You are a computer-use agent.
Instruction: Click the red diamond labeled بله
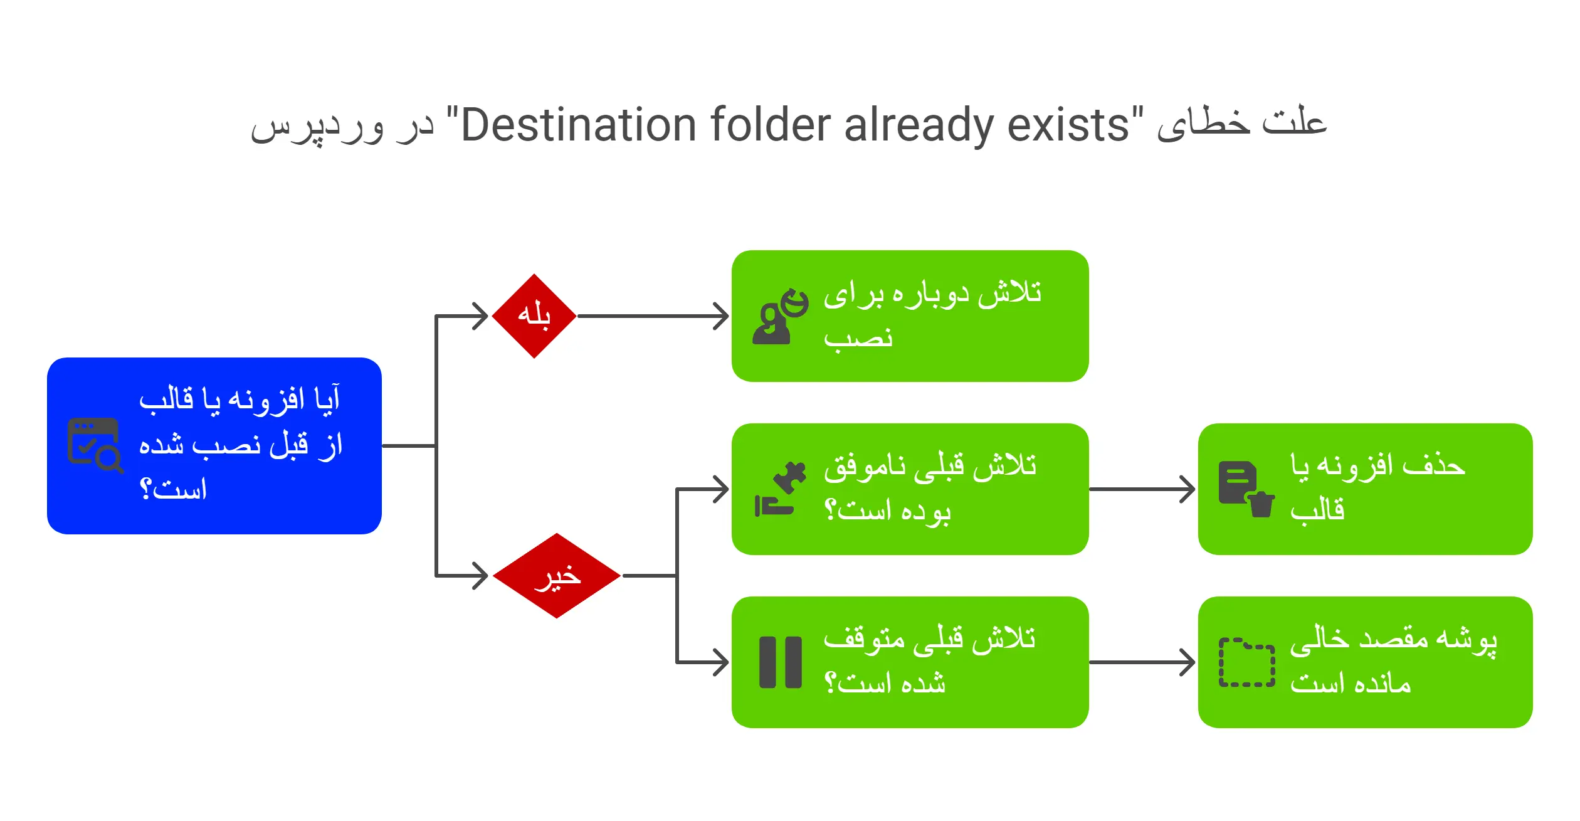click(534, 316)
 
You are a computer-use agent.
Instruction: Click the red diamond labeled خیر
click(557, 576)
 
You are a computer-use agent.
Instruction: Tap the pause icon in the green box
click(780, 662)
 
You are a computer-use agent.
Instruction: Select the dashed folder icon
click(1246, 662)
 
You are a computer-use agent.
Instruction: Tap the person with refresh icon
click(780, 317)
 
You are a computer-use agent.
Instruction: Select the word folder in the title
click(771, 125)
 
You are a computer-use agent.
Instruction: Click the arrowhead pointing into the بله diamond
click(480, 316)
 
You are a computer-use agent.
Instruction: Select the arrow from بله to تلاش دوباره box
click(652, 316)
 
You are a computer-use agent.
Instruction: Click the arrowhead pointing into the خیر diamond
click(480, 576)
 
